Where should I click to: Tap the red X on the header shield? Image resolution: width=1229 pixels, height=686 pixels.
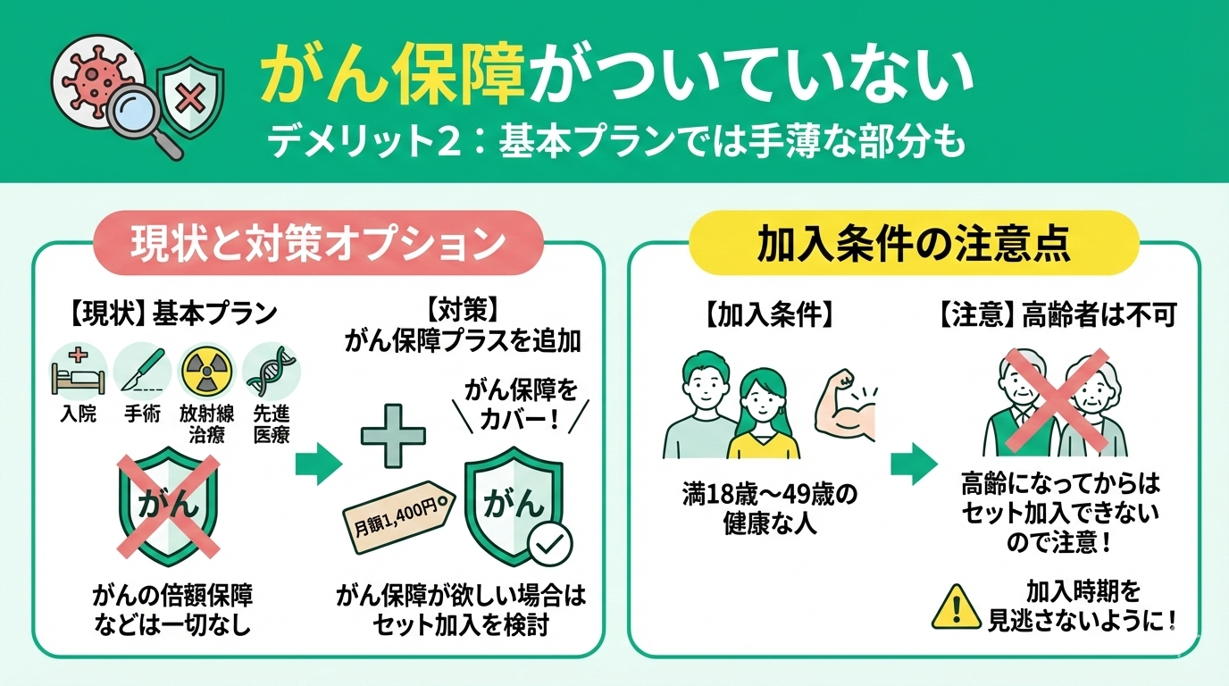pyautogui.click(x=189, y=99)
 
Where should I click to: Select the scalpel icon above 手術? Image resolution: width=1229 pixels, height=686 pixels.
pyautogui.click(x=142, y=371)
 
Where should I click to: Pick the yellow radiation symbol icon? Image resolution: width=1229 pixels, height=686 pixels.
pyautogui.click(x=207, y=371)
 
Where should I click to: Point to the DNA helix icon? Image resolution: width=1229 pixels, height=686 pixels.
pyautogui.click(x=272, y=371)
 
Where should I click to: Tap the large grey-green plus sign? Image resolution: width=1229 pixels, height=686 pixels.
pyautogui.click(x=393, y=436)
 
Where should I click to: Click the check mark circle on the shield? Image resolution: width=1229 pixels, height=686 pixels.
pyautogui.click(x=550, y=543)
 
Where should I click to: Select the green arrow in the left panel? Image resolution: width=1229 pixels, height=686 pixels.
pyautogui.click(x=319, y=464)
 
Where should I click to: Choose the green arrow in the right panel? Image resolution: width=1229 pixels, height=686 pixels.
pyautogui.click(x=914, y=464)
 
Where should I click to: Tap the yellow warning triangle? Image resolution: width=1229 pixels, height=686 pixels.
pyautogui.click(x=956, y=607)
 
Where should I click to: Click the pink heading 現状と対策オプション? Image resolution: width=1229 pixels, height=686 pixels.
pyautogui.click(x=319, y=243)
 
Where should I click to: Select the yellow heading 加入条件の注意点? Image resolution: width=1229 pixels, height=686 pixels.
pyautogui.click(x=914, y=243)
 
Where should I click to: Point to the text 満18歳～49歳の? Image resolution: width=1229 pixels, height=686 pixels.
pyautogui.click(x=770, y=495)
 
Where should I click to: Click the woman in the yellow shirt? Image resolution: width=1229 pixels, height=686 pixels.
pyautogui.click(x=763, y=414)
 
